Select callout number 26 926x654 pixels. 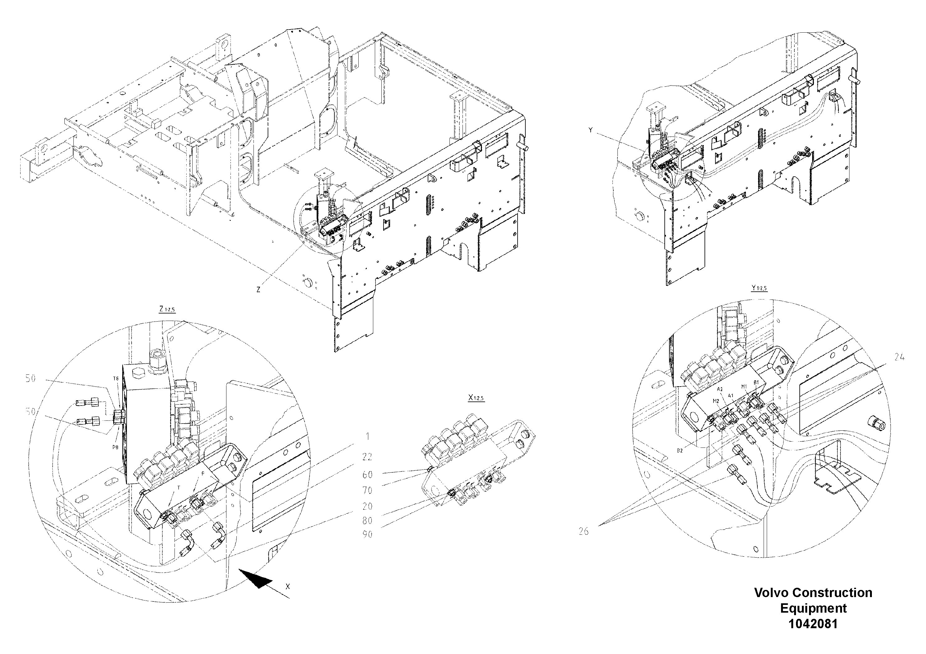point(584,531)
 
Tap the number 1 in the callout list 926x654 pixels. point(367,436)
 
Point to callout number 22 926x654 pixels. point(367,457)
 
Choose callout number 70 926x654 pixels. point(367,491)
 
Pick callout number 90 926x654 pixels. point(367,535)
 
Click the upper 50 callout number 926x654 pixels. point(31,378)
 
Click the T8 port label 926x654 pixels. point(115,378)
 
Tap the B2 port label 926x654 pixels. point(680,450)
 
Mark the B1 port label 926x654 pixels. point(756,382)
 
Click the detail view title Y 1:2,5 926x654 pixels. point(759,288)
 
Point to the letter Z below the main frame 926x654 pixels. point(258,290)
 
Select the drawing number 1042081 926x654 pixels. point(813,624)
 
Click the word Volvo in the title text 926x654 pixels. point(771,593)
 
